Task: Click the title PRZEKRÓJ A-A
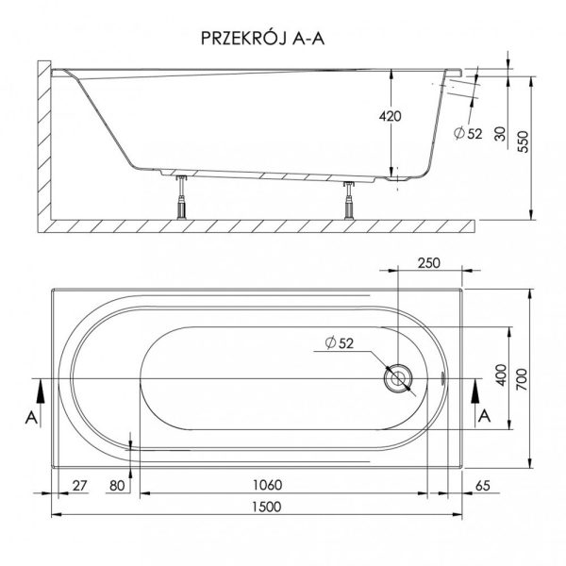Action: [262, 38]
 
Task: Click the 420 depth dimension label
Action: [390, 116]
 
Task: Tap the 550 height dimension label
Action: [524, 141]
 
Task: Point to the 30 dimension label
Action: [500, 134]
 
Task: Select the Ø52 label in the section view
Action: [468, 134]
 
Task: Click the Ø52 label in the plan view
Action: [340, 342]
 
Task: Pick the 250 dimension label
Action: [429, 263]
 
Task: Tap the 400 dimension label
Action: [502, 375]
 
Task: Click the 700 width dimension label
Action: [523, 379]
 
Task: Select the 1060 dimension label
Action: [267, 485]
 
